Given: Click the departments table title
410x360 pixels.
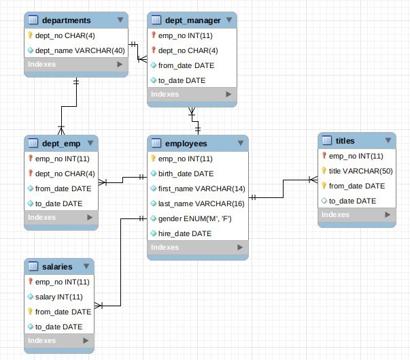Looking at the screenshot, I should coord(66,20).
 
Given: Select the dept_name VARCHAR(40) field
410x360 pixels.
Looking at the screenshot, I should coord(79,50).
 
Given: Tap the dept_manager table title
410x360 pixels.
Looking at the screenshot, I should coord(193,20).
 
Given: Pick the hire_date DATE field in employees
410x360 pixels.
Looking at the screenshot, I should coord(184,233).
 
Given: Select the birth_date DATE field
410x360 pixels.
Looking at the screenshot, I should coord(186,174).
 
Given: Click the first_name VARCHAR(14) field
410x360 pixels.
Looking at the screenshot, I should coord(196,189).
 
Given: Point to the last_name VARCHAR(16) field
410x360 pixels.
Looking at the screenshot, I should coord(196,203).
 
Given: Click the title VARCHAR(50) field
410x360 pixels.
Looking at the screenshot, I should coord(361,171).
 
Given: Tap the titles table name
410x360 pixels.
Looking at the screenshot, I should coord(345,141).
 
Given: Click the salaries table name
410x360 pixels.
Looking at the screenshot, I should coord(56,266).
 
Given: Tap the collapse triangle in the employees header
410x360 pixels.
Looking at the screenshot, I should coord(240,144).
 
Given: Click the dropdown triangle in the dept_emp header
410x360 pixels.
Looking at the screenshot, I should coord(90,144).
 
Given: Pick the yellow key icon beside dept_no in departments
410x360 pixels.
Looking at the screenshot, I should coord(31,35).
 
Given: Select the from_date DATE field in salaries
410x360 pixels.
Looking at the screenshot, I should coord(63,312).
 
